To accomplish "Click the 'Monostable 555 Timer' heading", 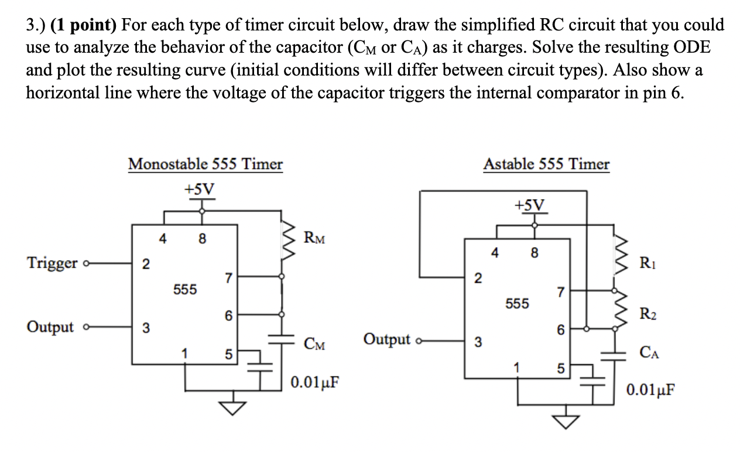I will pyautogui.click(x=205, y=164).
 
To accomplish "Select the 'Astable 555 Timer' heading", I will pyautogui.click(x=546, y=165).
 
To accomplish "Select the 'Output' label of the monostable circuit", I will pyautogui.click(x=50, y=327).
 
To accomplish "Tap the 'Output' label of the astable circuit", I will pyautogui.click(x=387, y=339).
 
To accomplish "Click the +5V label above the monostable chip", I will pyautogui.click(x=200, y=189).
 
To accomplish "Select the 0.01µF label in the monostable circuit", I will pyautogui.click(x=315, y=383).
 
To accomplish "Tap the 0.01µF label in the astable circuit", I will pyautogui.click(x=649, y=389).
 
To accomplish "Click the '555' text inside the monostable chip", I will pyautogui.click(x=185, y=289).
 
